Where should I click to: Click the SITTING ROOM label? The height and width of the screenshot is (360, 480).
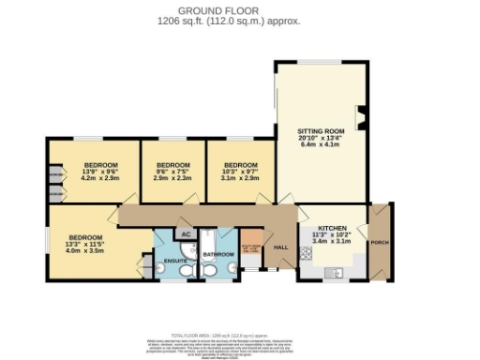(322, 130)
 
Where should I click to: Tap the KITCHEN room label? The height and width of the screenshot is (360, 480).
(333, 228)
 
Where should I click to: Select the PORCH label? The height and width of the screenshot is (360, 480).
(380, 243)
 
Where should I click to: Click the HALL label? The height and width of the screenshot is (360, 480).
(280, 247)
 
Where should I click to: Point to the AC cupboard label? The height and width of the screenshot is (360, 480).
(186, 233)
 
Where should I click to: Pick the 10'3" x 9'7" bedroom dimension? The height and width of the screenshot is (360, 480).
(240, 171)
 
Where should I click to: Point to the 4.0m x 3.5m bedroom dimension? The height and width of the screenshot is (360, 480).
(85, 251)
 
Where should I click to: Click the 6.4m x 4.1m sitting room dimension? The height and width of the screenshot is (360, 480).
(322, 144)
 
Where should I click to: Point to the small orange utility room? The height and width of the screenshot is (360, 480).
(252, 249)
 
